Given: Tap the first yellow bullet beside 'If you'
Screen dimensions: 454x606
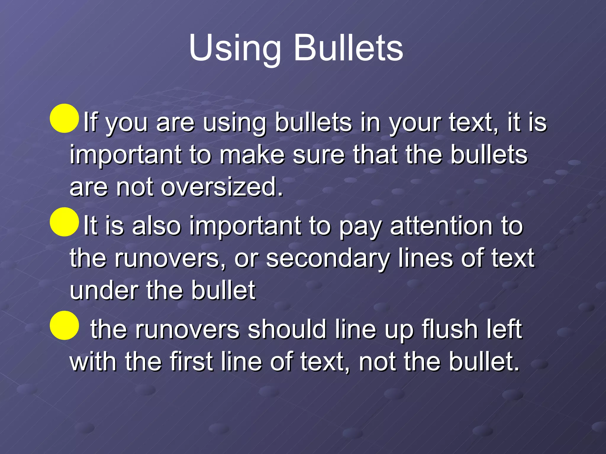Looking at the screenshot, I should (x=64, y=118).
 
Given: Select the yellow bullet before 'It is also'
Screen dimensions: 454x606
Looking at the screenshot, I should (x=64, y=222).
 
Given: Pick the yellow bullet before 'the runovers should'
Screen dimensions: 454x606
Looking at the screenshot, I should (x=64, y=325).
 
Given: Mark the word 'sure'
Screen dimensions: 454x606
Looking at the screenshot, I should (x=318, y=155).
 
